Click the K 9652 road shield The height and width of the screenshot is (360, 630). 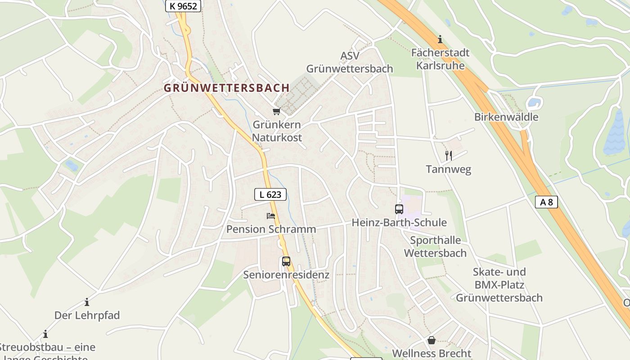pyautogui.click(x=183, y=6)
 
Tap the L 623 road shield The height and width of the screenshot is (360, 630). pyautogui.click(x=270, y=194)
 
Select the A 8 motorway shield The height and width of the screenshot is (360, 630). pyautogui.click(x=546, y=202)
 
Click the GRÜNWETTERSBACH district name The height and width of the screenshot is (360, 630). pyautogui.click(x=226, y=88)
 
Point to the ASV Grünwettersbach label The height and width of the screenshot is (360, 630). pyautogui.click(x=350, y=62)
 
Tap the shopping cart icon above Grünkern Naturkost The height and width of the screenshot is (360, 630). pyautogui.click(x=276, y=111)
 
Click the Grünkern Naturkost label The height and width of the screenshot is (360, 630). pyautogui.click(x=277, y=131)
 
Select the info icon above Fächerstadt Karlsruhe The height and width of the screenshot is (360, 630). pyautogui.click(x=440, y=40)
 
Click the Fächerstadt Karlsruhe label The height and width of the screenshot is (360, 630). pyautogui.click(x=440, y=59)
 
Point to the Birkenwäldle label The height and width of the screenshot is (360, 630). pyautogui.click(x=506, y=117)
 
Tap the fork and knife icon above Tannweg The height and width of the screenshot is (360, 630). pyautogui.click(x=448, y=156)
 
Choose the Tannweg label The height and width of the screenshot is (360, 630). pyautogui.click(x=448, y=170)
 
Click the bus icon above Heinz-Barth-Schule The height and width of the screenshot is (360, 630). pyautogui.click(x=399, y=209)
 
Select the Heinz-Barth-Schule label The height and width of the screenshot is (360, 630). pyautogui.click(x=399, y=223)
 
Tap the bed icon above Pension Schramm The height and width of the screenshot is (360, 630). pyautogui.click(x=270, y=216)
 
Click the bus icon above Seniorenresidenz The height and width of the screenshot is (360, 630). pyautogui.click(x=286, y=261)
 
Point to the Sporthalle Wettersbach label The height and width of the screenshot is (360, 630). pyautogui.click(x=435, y=246)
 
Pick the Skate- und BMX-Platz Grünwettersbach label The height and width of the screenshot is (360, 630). pyautogui.click(x=499, y=285)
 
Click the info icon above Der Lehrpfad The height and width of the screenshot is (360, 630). pyautogui.click(x=87, y=302)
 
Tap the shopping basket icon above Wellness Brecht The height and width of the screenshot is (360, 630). pyautogui.click(x=432, y=340)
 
